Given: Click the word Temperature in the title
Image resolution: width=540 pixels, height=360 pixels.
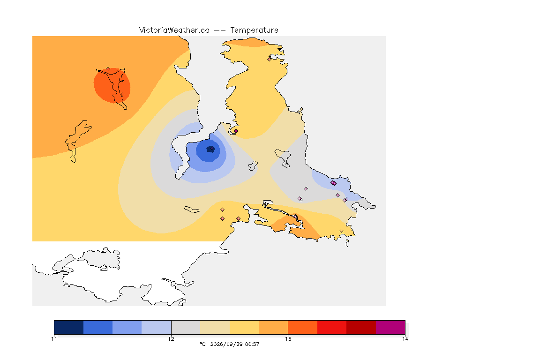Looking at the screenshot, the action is pyautogui.click(x=254, y=30).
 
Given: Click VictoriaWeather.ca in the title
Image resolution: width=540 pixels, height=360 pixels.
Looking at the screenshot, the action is pyautogui.click(x=174, y=30).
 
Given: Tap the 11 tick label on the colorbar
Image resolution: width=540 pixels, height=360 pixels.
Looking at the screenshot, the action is pyautogui.click(x=54, y=339).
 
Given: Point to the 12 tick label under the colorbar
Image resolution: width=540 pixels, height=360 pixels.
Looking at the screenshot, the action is pyautogui.click(x=171, y=339).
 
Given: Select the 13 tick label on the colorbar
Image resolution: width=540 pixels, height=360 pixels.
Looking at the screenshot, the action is pyautogui.click(x=288, y=339).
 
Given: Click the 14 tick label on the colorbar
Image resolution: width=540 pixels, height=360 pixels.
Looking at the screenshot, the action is pyautogui.click(x=405, y=339).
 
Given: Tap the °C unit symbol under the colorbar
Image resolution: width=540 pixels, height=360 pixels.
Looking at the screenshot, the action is pyautogui.click(x=202, y=344).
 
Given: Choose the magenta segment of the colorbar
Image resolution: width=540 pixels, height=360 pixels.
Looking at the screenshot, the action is pyautogui.click(x=390, y=327).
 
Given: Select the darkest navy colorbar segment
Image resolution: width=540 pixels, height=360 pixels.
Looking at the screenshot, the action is pyautogui.click(x=69, y=327).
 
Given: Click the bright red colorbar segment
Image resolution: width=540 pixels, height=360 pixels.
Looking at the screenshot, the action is pyautogui.click(x=332, y=327).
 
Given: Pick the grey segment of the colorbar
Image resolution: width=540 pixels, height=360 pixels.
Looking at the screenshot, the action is pyautogui.click(x=186, y=327).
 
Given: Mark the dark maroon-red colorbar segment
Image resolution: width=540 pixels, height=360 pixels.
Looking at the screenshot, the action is pyautogui.click(x=361, y=327).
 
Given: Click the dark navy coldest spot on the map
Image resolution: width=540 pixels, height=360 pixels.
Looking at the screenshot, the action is pyautogui.click(x=210, y=149).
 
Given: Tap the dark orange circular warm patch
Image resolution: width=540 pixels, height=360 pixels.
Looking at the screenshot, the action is pyautogui.click(x=112, y=85).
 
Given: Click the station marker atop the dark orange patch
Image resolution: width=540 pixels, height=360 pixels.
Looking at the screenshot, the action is pyautogui.click(x=108, y=69).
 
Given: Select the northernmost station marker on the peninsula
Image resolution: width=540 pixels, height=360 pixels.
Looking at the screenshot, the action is pyautogui.click(x=270, y=59).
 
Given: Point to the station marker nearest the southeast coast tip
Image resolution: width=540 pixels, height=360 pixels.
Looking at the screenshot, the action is pyautogui.click(x=341, y=231).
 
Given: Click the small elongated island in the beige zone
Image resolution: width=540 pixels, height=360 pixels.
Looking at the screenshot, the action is pyautogui.click(x=192, y=210).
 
